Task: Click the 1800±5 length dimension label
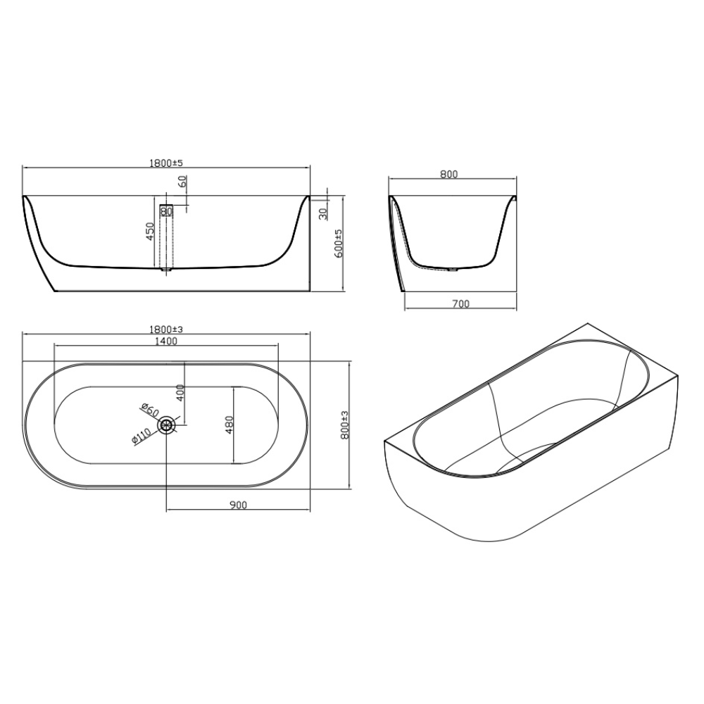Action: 166,163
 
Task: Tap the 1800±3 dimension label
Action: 166,329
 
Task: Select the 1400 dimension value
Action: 166,341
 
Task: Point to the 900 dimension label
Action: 239,505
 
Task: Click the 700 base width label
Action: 460,304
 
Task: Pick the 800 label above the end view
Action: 449,174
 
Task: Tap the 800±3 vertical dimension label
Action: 345,426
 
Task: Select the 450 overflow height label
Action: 151,231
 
